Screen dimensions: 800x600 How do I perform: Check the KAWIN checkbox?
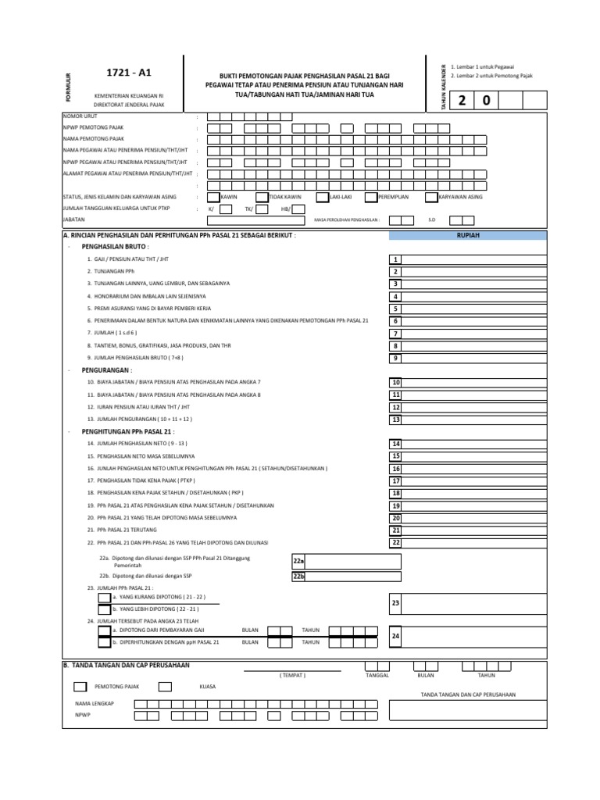214,197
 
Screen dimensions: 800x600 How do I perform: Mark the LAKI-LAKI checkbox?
323,197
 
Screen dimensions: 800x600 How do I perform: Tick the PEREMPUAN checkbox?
370,197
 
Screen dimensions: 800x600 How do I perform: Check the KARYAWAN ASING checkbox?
432,197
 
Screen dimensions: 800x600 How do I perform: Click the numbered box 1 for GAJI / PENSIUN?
396,259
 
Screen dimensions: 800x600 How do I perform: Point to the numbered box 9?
396,358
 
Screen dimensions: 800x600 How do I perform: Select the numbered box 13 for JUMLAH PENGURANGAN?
396,420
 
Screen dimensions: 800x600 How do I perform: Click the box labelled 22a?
298,561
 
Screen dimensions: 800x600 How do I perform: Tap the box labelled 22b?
298,577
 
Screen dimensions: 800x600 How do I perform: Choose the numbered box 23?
396,603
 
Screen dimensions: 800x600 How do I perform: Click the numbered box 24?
396,637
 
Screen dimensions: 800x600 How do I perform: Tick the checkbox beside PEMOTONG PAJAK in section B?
79,687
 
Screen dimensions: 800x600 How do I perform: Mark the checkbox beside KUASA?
165,687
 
